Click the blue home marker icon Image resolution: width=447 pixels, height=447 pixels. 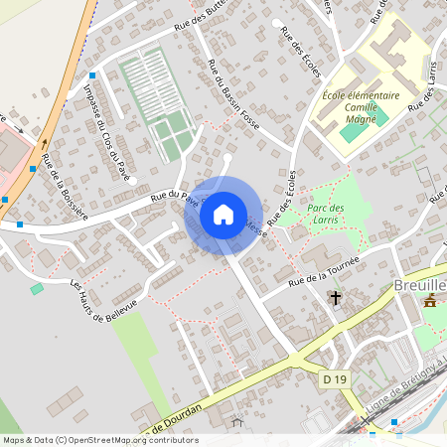tap(223, 214)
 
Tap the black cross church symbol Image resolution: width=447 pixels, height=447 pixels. tap(336, 297)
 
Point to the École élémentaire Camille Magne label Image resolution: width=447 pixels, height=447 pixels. tap(361, 107)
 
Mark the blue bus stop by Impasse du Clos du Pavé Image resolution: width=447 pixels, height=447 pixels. tap(92, 75)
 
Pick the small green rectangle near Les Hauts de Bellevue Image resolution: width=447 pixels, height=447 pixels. tap(37, 288)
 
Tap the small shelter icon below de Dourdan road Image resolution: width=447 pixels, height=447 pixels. tap(236, 422)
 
